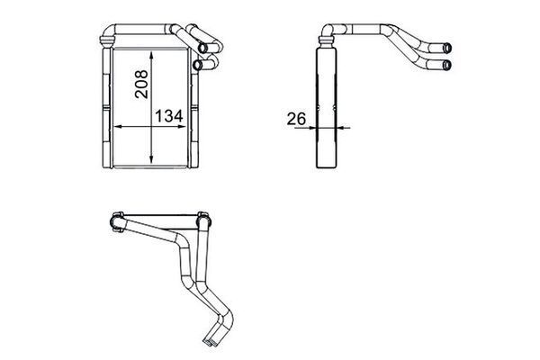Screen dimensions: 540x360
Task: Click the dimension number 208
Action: point(141,84)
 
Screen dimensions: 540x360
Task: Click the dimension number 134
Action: point(169,116)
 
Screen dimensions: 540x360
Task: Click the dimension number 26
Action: point(296,119)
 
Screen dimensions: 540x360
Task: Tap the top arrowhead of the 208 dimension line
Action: point(151,56)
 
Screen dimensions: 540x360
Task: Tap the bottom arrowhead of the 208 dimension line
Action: point(151,158)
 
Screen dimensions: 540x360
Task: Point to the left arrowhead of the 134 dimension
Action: point(118,127)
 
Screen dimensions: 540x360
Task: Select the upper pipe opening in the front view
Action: point(202,48)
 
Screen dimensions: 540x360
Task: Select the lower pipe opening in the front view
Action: point(197,65)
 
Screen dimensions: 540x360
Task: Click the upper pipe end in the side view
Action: point(446,48)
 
